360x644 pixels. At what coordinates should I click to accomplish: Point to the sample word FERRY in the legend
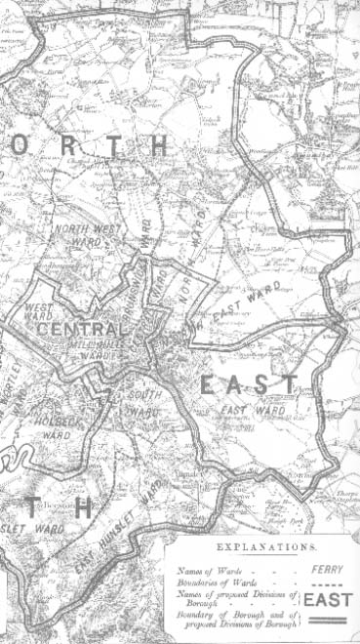point(326,566)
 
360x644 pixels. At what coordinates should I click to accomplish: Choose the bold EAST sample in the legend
point(326,599)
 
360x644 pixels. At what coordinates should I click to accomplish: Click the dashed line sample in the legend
point(326,583)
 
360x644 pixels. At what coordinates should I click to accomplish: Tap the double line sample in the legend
point(326,621)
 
